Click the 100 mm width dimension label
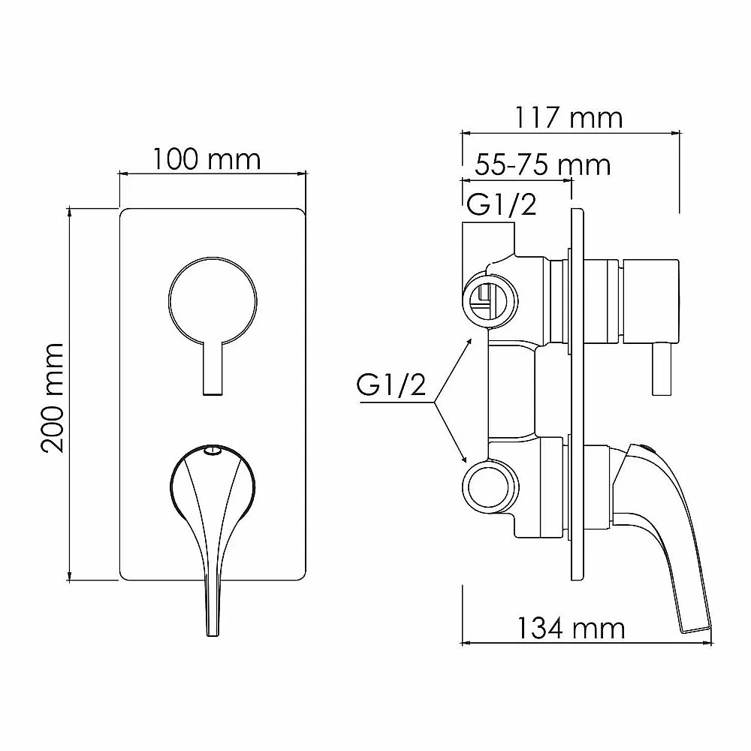click(x=207, y=159)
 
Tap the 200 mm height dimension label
click(x=53, y=398)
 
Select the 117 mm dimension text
click(x=569, y=118)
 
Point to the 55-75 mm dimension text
click(x=543, y=166)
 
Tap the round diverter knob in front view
click(x=213, y=301)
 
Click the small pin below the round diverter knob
click(x=213, y=369)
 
